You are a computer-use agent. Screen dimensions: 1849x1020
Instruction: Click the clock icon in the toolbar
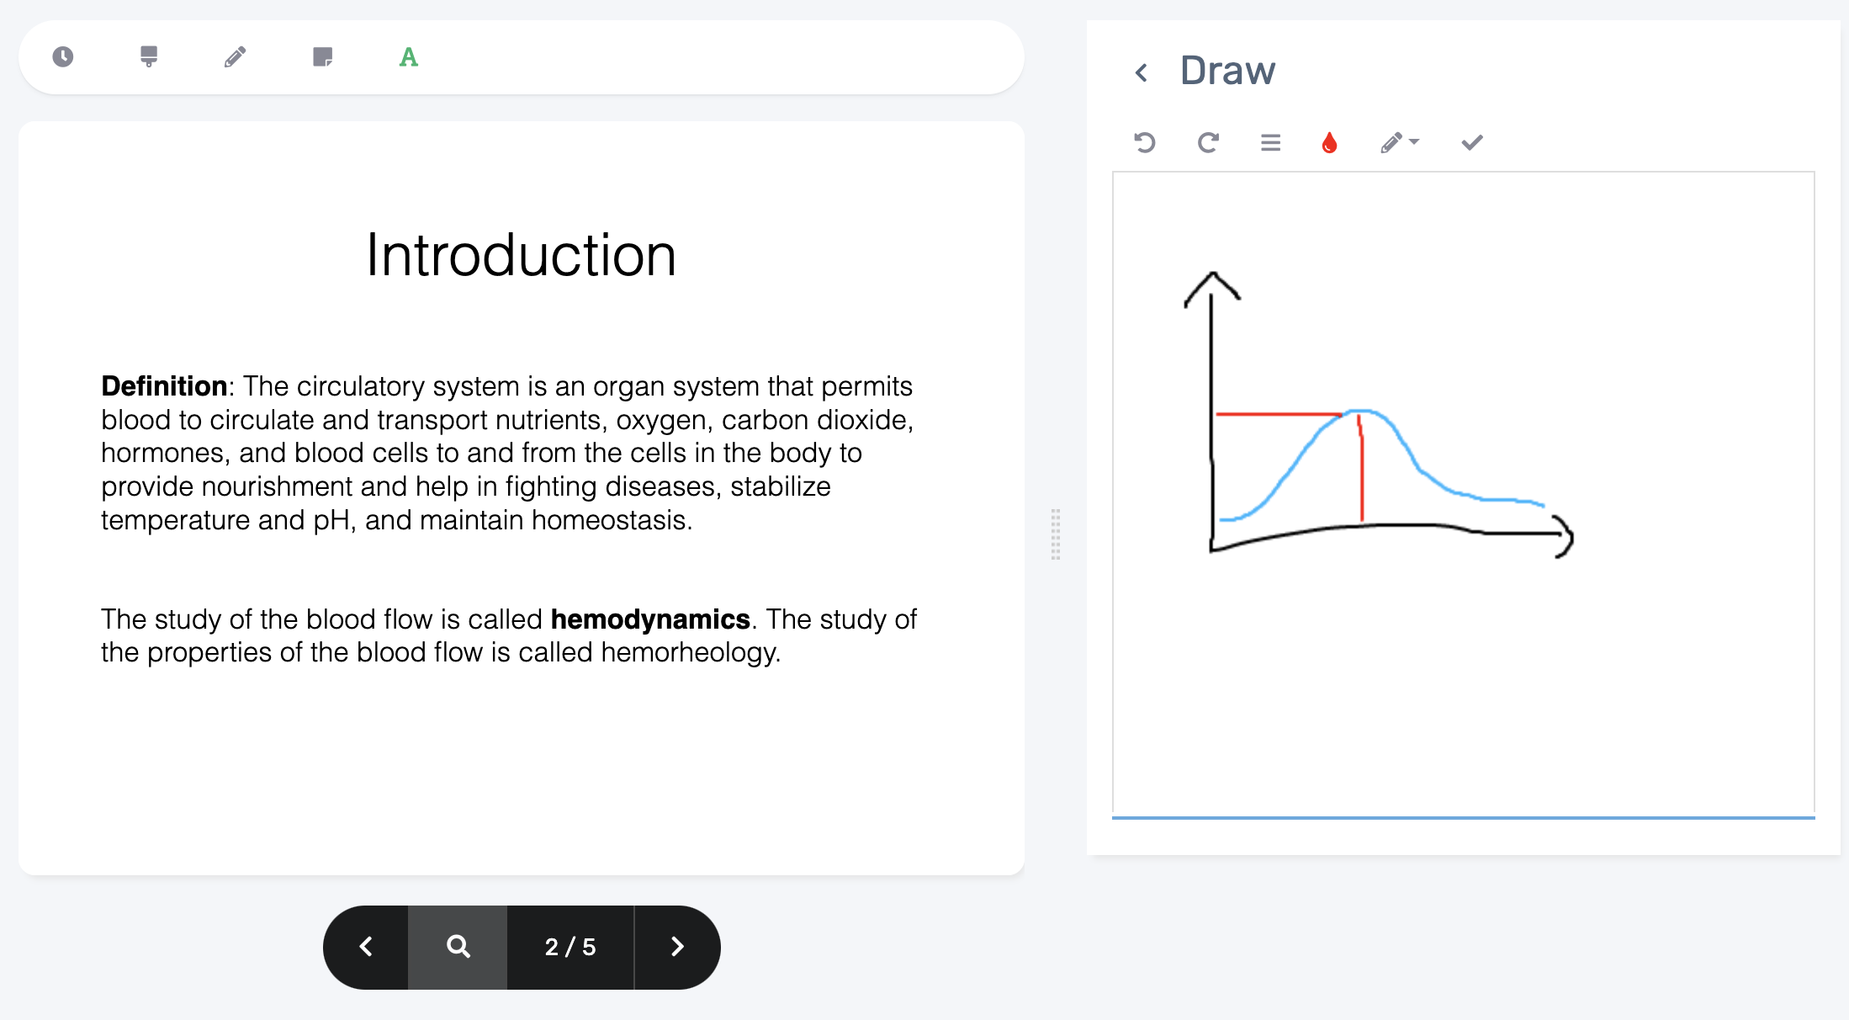(x=63, y=56)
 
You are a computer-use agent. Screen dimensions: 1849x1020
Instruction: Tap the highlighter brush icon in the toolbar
(x=149, y=56)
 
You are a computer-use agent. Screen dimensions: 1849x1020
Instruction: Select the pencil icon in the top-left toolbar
(x=236, y=56)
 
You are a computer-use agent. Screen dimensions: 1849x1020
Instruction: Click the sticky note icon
(x=322, y=56)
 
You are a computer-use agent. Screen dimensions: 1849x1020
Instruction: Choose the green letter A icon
(x=409, y=56)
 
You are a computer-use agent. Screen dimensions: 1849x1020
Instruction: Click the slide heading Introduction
(x=522, y=255)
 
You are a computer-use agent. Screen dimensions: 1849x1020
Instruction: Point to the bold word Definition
(x=164, y=385)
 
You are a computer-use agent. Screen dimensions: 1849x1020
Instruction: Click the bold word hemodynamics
(x=650, y=619)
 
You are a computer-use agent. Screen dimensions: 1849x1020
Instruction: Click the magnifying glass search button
(x=458, y=947)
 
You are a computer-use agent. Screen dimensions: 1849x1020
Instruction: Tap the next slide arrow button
(x=677, y=947)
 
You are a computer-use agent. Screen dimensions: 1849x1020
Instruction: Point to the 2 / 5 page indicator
(x=570, y=947)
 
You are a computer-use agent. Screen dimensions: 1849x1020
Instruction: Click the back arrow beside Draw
(x=1142, y=72)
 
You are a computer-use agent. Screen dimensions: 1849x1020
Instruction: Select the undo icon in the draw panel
(x=1145, y=142)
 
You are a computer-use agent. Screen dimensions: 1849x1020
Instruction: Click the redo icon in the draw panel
(x=1208, y=142)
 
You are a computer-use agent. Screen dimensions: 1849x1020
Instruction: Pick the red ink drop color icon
(x=1329, y=142)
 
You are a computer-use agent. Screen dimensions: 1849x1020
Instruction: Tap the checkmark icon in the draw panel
(x=1472, y=142)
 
